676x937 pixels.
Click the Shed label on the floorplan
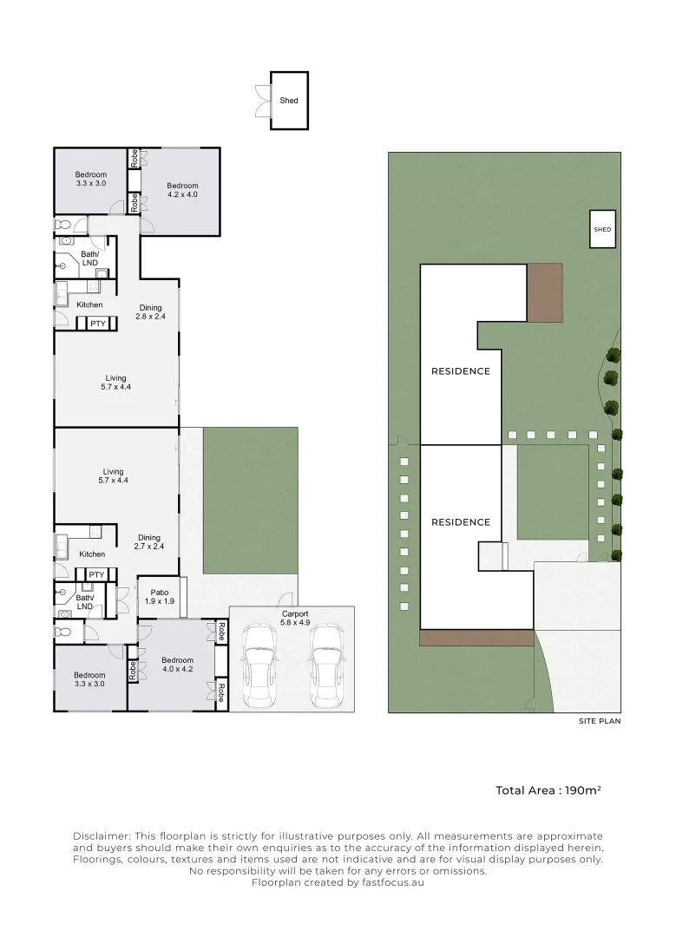[289, 101]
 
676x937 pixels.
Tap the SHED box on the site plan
[602, 230]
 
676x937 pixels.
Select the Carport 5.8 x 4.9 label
[294, 619]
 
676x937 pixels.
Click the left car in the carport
[259, 667]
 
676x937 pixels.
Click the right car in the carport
[325, 667]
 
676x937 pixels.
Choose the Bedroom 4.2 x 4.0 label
[182, 190]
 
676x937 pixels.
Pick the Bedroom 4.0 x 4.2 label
[178, 664]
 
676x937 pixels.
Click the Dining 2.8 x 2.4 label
[150, 312]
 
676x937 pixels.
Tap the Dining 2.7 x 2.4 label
[149, 541]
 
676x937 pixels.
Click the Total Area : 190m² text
[548, 790]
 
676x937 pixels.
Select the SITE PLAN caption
[600, 721]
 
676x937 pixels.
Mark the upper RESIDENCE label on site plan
[461, 371]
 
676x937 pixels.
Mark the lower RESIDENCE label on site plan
[461, 522]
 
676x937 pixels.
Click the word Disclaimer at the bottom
[102, 835]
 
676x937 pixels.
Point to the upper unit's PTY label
[97, 324]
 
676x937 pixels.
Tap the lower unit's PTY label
[96, 574]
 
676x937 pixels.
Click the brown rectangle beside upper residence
[545, 292]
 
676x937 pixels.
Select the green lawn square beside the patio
[250, 500]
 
